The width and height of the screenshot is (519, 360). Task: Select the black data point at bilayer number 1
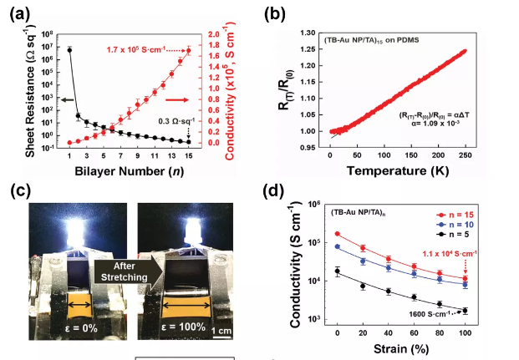69,50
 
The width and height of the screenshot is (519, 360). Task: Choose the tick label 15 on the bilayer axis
188,157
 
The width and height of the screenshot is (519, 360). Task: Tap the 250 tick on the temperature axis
464,157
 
